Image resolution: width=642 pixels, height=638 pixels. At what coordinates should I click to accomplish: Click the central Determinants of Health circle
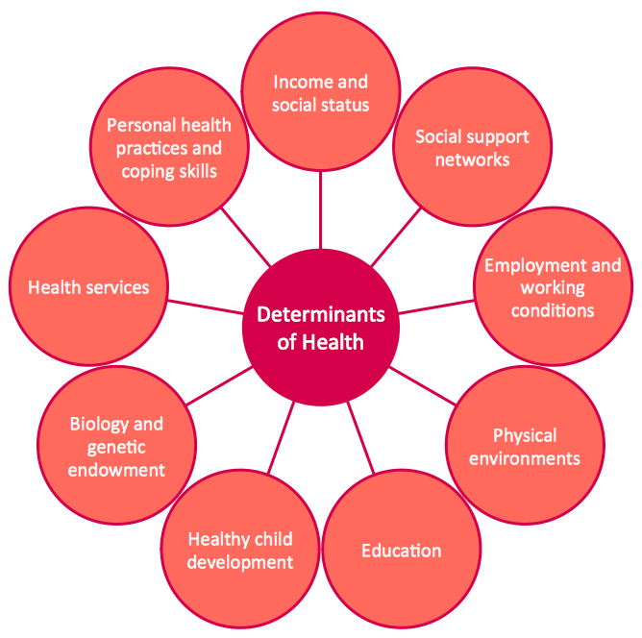[320, 327]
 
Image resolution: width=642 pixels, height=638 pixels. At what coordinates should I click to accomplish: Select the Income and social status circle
[320, 93]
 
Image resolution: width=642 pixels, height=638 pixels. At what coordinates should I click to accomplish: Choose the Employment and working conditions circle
[553, 287]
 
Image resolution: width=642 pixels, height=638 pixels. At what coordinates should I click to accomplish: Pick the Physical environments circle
[525, 447]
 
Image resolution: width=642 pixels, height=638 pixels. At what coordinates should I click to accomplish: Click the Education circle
[401, 551]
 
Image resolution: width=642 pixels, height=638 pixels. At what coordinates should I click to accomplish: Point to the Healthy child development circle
[239, 551]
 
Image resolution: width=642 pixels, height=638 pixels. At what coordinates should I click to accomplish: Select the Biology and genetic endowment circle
[116, 447]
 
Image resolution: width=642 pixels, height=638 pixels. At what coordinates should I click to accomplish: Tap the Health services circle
[88, 287]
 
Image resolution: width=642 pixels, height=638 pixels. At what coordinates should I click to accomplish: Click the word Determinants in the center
[320, 315]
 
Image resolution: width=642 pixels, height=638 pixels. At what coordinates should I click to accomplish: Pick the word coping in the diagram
[146, 171]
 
